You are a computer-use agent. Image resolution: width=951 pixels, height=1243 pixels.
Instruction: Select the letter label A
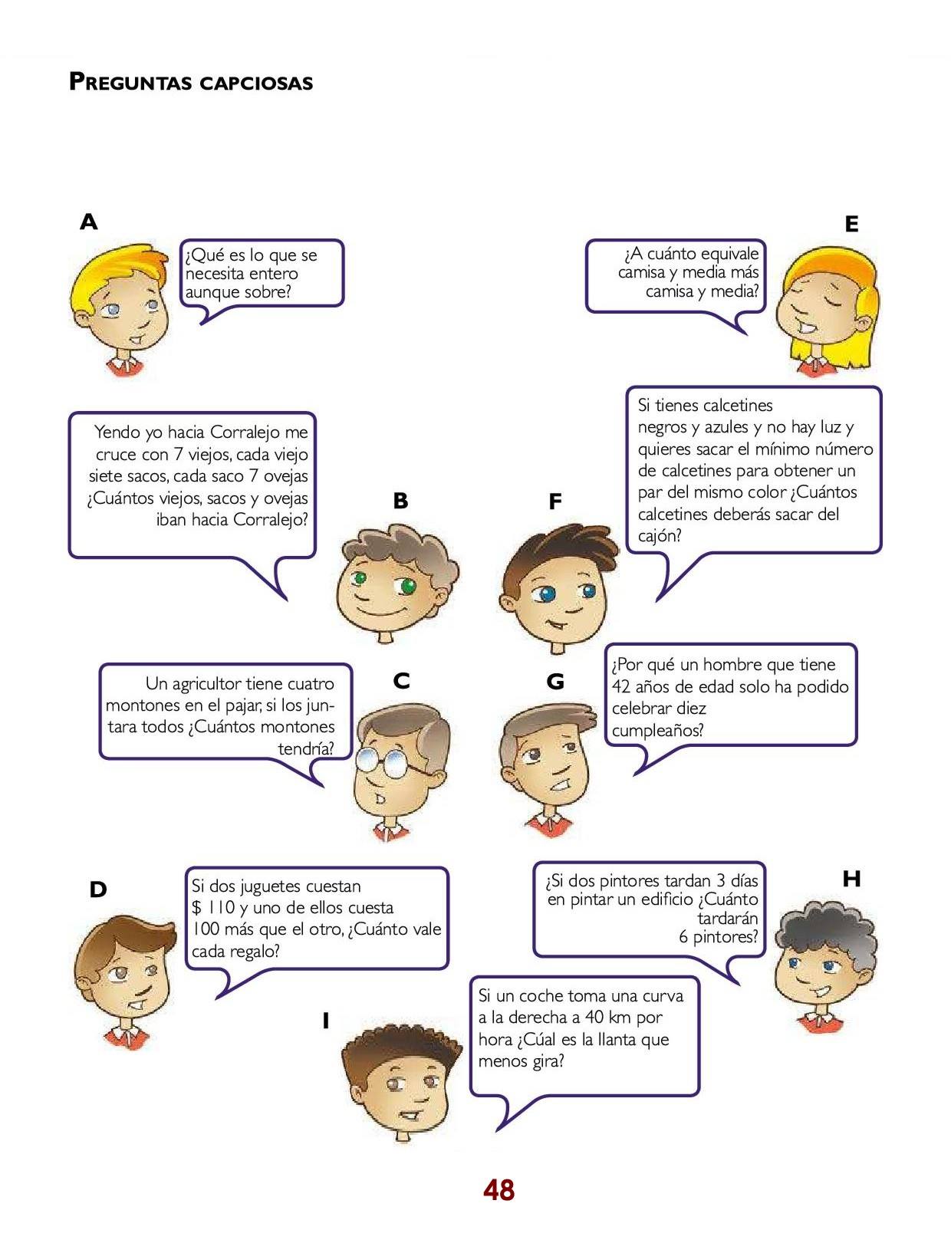[x=89, y=222]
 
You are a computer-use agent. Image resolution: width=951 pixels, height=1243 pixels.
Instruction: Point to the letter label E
[x=851, y=225]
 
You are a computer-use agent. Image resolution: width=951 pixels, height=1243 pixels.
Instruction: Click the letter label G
[x=555, y=681]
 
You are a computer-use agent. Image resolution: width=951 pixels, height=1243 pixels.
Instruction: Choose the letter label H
[x=851, y=879]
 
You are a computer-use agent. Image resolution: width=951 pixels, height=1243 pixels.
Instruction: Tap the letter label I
[x=325, y=1021]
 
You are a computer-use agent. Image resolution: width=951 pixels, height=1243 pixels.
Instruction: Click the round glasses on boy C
[x=392, y=761]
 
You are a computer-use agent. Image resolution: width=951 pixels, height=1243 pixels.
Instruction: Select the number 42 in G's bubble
[x=620, y=686]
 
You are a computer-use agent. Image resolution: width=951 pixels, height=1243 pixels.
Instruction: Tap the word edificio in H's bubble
[x=662, y=899]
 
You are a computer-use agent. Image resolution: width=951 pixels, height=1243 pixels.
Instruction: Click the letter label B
[x=400, y=501]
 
